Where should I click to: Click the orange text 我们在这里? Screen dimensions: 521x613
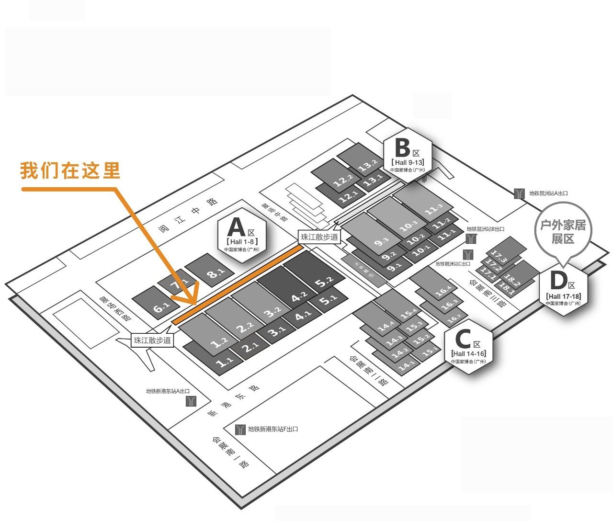click(70, 170)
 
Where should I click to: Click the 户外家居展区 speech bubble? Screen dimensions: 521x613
click(563, 232)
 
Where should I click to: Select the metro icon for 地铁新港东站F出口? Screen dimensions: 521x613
click(240, 430)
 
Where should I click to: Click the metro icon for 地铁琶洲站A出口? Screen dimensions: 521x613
click(519, 193)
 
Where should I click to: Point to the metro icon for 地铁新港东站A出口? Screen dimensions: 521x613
click(191, 401)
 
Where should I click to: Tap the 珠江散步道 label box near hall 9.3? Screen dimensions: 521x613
click(319, 237)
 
